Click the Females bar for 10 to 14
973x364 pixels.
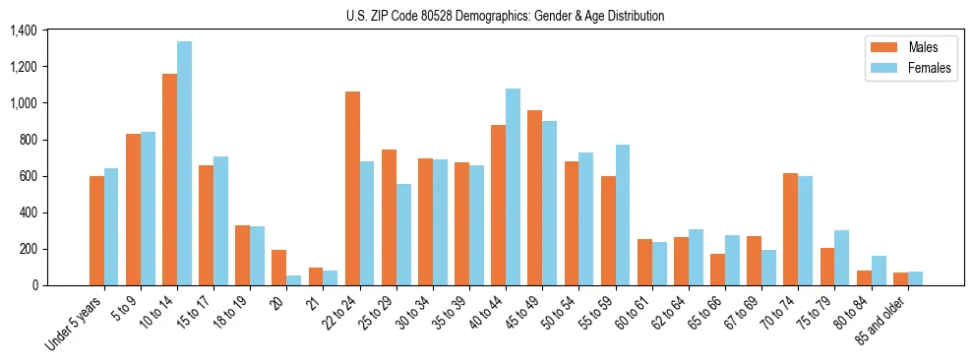pyautogui.click(x=185, y=163)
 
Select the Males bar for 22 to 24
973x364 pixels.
pyautogui.click(x=352, y=188)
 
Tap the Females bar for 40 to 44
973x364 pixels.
pyautogui.click(x=513, y=187)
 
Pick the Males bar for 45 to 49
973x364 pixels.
pyautogui.click(x=535, y=198)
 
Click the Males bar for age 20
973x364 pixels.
pyautogui.click(x=279, y=268)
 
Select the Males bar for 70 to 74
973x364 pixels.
pyautogui.click(x=791, y=229)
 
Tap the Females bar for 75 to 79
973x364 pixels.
pyautogui.click(x=841, y=258)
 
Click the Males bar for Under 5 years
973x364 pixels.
pyautogui.click(x=96, y=230)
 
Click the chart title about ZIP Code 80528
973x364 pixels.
pyautogui.click(x=506, y=16)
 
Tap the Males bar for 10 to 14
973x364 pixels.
pyautogui.click(x=169, y=179)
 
